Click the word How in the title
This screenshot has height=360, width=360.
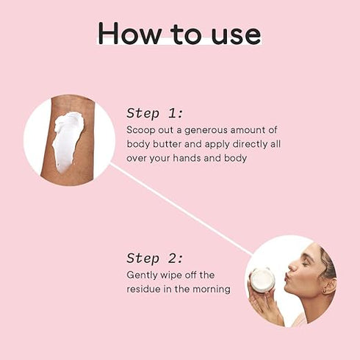129,33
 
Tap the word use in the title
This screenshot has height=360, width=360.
236,36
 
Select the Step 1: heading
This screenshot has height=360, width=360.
155,113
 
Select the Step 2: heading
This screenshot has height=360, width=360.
155,259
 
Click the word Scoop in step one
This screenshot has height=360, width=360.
141,131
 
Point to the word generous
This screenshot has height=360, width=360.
206,131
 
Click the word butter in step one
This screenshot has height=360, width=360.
167,144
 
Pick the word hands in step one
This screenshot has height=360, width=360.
187,158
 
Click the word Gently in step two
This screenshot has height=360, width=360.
142,276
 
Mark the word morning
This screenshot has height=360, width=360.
212,289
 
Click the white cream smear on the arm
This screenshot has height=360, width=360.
68,140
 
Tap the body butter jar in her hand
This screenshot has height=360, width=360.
262,280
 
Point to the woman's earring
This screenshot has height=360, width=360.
324,291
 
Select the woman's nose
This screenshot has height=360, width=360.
293,266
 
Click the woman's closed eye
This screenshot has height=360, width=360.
306,264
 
